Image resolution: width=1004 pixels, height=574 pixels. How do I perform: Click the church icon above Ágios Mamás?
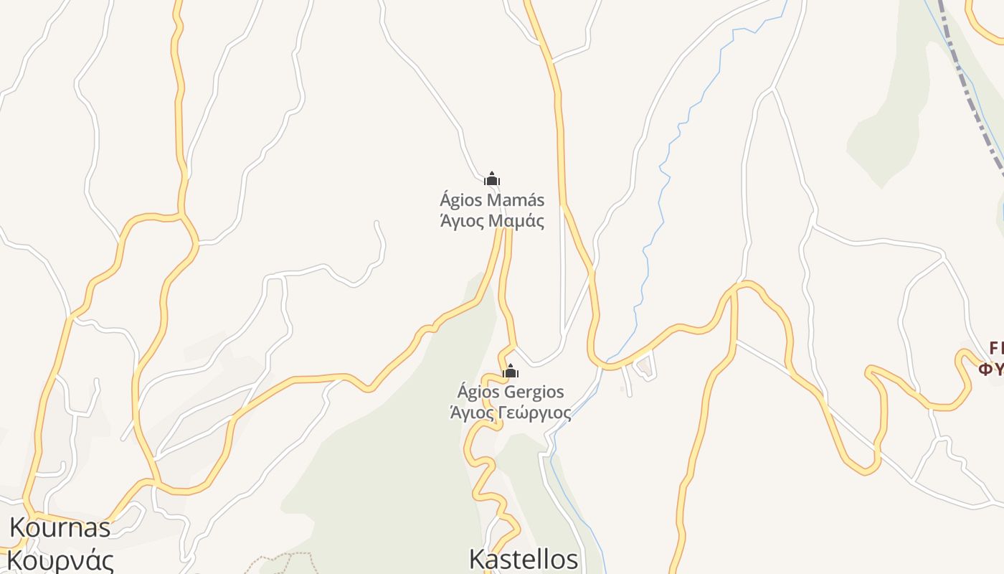[492, 179]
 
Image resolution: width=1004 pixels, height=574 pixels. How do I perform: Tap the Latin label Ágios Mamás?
[492, 199]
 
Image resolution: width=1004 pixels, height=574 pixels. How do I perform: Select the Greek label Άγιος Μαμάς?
[492, 220]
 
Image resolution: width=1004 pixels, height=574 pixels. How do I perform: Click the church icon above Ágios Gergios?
[511, 371]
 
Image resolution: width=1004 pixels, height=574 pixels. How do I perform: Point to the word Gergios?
[534, 392]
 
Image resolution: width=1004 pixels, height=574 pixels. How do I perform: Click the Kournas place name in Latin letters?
[60, 528]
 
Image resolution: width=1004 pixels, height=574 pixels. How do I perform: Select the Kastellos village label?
[523, 560]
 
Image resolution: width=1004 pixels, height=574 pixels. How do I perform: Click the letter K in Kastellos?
[478, 560]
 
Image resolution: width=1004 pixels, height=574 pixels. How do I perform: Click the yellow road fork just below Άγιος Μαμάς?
[504, 233]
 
